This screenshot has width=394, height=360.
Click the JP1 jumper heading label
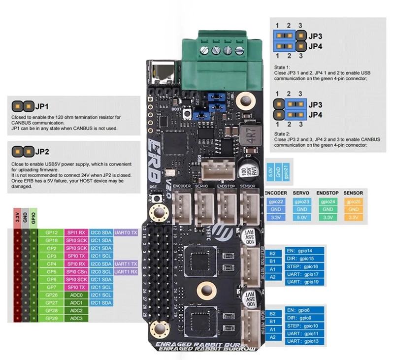coord(42,106)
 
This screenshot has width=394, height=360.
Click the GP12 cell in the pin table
coord(51,232)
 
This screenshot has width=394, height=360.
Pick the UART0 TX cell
coord(125,232)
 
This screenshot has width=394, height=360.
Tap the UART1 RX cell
coord(125,271)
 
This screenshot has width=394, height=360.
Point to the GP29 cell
coord(51,319)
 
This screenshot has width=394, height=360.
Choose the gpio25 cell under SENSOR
coord(352,201)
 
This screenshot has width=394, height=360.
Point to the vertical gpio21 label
coord(287,172)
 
